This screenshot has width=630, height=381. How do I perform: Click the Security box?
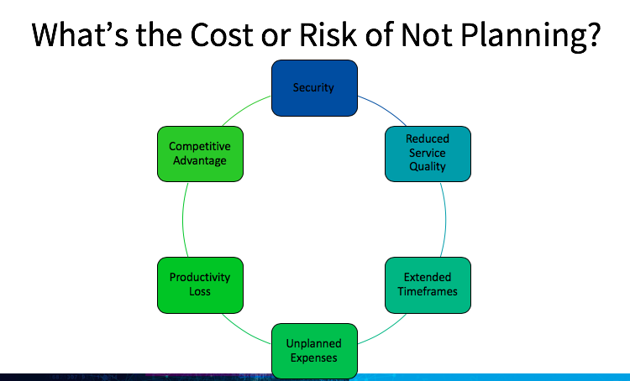pyautogui.click(x=313, y=87)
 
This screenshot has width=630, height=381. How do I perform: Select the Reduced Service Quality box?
pyautogui.click(x=428, y=154)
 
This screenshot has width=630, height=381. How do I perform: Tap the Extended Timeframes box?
pyautogui.click(x=428, y=284)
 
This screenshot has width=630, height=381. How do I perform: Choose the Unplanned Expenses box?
pyautogui.click(x=313, y=351)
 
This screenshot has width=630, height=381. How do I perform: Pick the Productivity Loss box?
pyautogui.click(x=199, y=284)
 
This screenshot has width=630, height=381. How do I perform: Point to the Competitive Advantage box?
pyautogui.click(x=199, y=154)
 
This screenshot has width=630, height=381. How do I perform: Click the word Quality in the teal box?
pyautogui.click(x=428, y=166)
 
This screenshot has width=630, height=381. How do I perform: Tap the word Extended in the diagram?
pyautogui.click(x=428, y=277)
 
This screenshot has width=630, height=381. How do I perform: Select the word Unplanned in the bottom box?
pyautogui.click(x=313, y=344)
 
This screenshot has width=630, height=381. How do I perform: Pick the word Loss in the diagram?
pyautogui.click(x=199, y=291)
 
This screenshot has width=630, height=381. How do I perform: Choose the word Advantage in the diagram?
pyautogui.click(x=199, y=160)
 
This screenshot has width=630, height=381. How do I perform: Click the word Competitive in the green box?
pyautogui.click(x=199, y=147)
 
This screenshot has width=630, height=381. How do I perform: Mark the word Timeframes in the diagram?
pyautogui.click(x=428, y=290)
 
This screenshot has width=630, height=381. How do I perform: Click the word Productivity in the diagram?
pyautogui.click(x=199, y=277)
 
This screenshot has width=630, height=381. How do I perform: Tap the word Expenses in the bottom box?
pyautogui.click(x=313, y=358)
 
